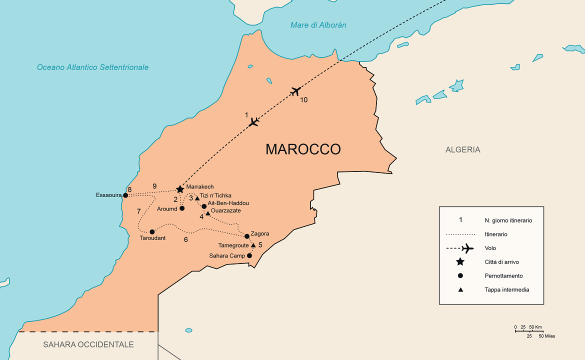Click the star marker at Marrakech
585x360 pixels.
[180, 189]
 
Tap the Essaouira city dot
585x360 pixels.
[125, 195]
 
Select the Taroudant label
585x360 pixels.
[153, 238]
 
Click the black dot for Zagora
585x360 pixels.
[246, 236]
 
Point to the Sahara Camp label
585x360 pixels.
[227, 256]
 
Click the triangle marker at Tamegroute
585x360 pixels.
[253, 245]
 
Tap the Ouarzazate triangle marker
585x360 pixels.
[208, 213]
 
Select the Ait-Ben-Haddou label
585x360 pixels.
[228, 203]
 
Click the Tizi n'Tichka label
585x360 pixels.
[215, 195]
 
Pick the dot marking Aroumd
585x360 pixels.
[182, 208]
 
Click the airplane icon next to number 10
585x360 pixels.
[295, 91]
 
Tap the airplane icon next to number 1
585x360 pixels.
[254, 121]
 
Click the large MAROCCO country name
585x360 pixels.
[303, 149]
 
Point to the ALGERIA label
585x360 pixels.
[462, 149]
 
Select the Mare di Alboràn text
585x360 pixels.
[318, 25]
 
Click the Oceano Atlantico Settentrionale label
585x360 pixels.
[92, 67]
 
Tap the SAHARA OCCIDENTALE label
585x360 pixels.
[88, 344]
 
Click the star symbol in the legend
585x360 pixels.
[460, 262]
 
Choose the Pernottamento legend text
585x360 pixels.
[503, 276]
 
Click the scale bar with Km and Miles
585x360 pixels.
[529, 330]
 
